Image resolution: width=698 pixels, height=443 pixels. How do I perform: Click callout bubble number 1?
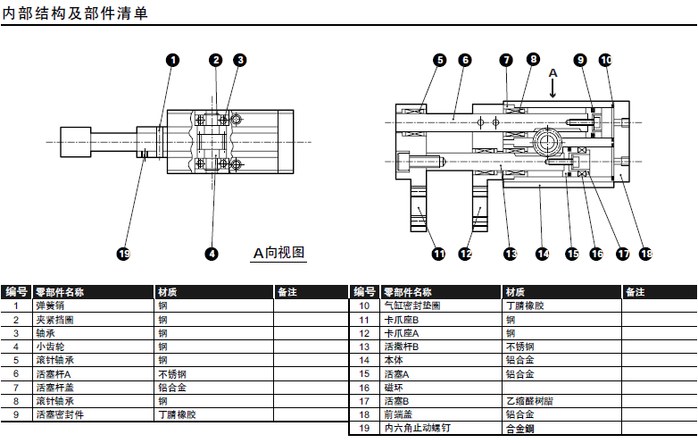click(172, 60)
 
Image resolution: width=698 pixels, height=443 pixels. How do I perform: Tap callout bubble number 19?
click(124, 254)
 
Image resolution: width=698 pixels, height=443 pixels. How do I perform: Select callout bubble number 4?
click(212, 254)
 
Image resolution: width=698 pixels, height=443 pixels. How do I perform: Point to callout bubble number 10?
click(605, 60)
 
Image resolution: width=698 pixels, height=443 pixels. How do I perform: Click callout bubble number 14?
click(542, 254)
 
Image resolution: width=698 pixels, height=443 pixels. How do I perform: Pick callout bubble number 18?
click(646, 254)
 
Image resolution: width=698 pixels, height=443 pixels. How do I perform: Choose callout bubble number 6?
click(464, 60)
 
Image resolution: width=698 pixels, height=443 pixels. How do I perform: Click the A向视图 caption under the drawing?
click(279, 253)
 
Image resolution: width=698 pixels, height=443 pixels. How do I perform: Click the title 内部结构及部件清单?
click(75, 13)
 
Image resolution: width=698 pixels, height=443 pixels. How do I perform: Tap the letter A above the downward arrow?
click(553, 71)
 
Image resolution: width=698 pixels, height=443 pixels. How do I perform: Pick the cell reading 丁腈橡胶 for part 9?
click(177, 414)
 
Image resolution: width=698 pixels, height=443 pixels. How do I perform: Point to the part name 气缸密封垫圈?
click(411, 305)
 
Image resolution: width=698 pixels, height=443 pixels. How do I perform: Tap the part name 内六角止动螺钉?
click(416, 429)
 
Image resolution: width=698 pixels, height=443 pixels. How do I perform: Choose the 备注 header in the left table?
click(287, 291)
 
